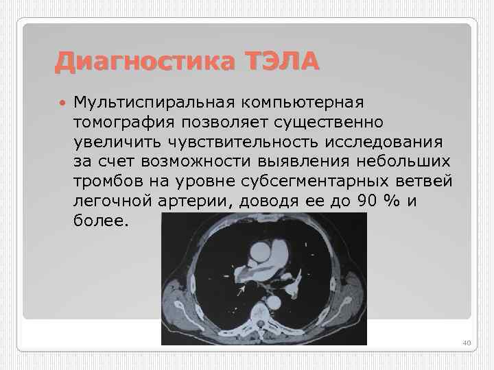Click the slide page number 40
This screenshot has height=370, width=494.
click(467, 343)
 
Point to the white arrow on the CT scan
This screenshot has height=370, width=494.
click(240, 291)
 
